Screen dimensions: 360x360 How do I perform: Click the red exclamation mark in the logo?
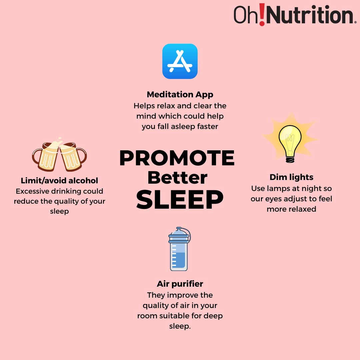(x=262, y=14)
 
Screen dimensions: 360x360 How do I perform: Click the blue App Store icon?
(x=180, y=61)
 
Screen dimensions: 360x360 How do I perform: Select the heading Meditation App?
(x=180, y=94)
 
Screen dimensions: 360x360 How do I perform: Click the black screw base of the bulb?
(x=290, y=159)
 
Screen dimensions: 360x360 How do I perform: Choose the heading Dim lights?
(x=291, y=177)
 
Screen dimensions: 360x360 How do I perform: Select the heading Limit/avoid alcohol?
(x=59, y=180)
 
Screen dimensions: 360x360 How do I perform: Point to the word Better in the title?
(x=177, y=178)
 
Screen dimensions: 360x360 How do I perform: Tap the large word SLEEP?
(x=180, y=200)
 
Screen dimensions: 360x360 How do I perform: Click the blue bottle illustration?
(x=179, y=249)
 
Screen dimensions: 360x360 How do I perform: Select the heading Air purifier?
(x=180, y=284)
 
